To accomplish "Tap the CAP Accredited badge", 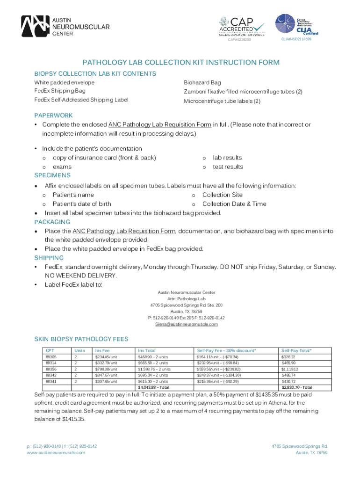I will point(242,27).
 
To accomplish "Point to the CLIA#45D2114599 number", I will point(296,39).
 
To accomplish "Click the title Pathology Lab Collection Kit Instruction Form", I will point(181,63).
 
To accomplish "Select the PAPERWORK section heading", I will point(53,115).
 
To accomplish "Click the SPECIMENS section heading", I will point(52,175).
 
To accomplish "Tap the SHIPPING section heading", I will point(49,258).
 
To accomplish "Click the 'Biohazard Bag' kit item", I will point(202,82).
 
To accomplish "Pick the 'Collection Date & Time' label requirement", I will point(234,204).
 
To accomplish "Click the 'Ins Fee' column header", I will point(102,350).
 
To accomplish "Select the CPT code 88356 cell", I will point(51,369).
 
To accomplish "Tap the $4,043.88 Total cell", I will point(154,387).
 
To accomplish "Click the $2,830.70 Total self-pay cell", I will point(296,387).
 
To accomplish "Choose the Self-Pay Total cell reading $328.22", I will point(288,357).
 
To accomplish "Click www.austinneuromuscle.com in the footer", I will point(56,452).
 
